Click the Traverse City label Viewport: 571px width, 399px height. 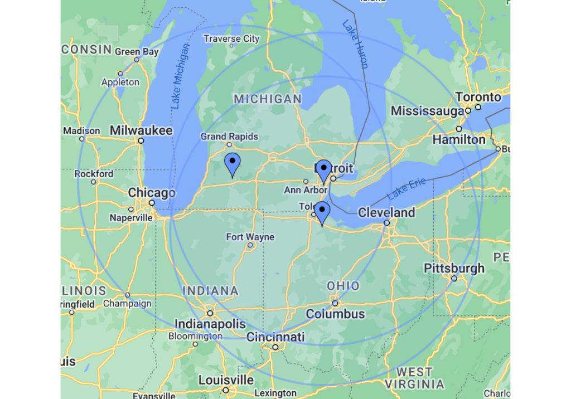coord(231,38)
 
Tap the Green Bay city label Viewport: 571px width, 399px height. coord(137,52)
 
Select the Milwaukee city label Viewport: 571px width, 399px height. coord(141,130)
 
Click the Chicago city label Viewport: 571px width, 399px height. coord(151,193)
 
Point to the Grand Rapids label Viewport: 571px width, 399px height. coord(229,137)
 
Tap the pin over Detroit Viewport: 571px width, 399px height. coord(324,171)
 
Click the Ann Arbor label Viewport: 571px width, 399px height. coord(306,190)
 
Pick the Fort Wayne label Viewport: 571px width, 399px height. coord(250,237)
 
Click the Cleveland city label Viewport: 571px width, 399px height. coord(386,212)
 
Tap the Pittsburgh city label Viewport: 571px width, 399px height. coord(454,268)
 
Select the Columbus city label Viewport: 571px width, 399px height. coord(335,314)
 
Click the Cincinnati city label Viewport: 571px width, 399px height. coord(275,337)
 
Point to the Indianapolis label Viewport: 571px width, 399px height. coord(210,324)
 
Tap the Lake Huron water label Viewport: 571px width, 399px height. coord(355,44)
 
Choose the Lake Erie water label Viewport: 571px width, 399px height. coord(407,189)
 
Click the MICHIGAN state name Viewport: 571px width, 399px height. coord(268,99)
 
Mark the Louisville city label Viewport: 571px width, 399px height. coord(226,381)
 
